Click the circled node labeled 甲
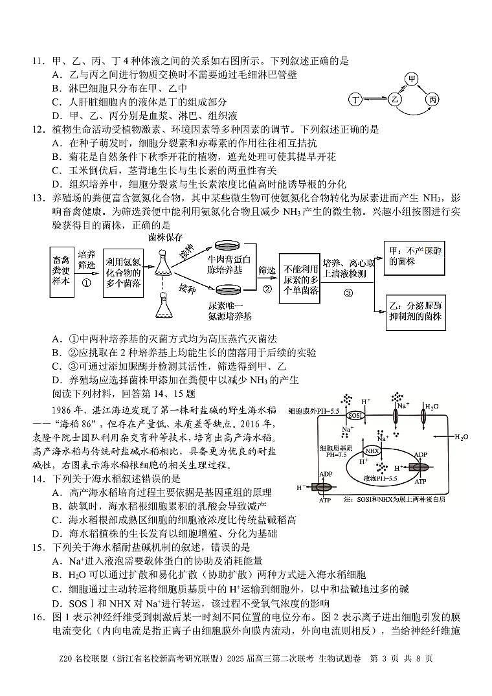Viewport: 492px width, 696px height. coord(411,79)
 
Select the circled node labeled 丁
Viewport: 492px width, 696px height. coord(355,100)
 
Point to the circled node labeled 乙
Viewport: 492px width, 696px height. coord(396,100)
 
